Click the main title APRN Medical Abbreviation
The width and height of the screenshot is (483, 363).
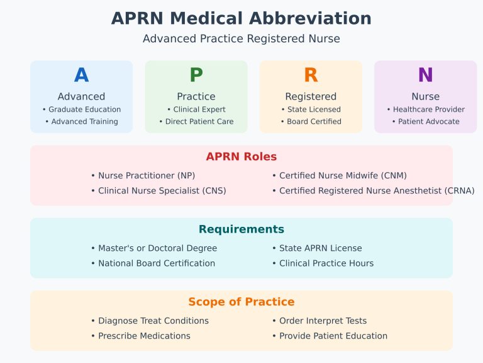(241, 18)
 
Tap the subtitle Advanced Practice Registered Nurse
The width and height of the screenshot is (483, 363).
(241, 39)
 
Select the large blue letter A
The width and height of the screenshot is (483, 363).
(81, 75)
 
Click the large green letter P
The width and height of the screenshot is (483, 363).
(196, 75)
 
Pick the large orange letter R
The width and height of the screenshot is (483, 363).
(311, 75)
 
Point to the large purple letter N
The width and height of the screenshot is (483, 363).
(426, 75)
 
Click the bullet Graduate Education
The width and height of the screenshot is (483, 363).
(82, 110)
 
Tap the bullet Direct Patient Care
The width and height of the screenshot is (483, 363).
(196, 122)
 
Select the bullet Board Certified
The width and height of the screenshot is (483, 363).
(311, 122)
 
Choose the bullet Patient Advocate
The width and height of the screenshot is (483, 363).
(426, 122)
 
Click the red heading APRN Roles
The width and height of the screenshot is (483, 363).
(241, 157)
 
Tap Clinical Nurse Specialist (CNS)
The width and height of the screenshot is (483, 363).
(158, 190)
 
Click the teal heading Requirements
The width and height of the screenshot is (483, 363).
(241, 229)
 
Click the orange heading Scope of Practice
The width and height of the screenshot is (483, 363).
(241, 302)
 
